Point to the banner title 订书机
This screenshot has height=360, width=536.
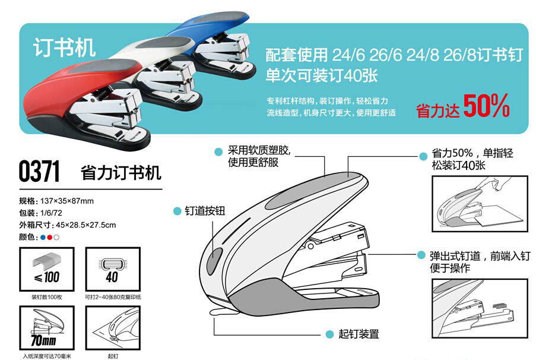point(65,48)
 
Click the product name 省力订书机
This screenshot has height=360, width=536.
point(120,173)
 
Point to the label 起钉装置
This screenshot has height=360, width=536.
point(359,334)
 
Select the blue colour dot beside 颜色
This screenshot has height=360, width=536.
point(42,238)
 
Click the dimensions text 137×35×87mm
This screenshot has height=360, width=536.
point(67,200)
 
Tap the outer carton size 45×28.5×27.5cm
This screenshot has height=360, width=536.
point(83,225)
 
